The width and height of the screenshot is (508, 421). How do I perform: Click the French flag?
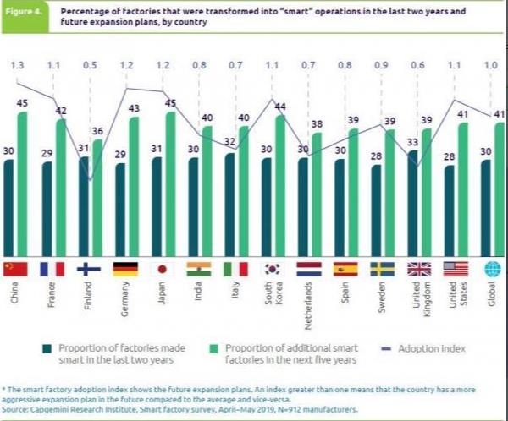pyautogui.click(x=52, y=269)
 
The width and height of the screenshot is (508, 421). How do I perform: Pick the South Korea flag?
pyautogui.click(x=273, y=269)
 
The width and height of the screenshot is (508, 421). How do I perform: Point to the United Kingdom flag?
pyautogui.click(x=419, y=269)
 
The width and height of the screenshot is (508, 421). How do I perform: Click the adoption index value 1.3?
pyautogui.click(x=15, y=64)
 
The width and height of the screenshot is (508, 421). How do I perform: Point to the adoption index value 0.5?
pyautogui.click(x=89, y=64)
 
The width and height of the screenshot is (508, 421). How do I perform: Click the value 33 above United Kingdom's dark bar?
pyautogui.click(x=413, y=142)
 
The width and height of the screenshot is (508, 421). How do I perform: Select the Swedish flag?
pyautogui.click(x=383, y=269)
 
